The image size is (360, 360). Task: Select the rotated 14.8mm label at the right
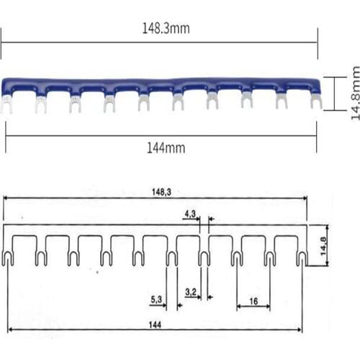(x=353, y=94)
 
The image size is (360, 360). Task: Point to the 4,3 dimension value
(x=191, y=214)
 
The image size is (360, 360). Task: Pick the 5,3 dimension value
(x=157, y=298)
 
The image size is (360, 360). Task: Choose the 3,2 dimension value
(x=191, y=292)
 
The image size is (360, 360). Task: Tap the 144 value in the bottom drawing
(x=155, y=325)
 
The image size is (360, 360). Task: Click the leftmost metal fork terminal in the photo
(x=7, y=105)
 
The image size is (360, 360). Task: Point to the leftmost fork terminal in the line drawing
(x=7, y=257)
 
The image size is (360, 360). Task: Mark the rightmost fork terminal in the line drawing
(x=302, y=257)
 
